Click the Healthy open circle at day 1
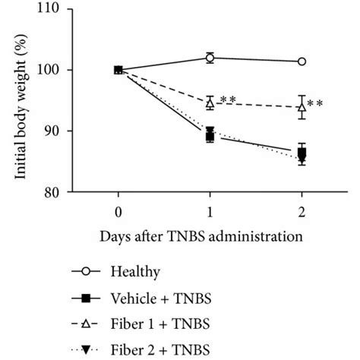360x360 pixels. point(210,58)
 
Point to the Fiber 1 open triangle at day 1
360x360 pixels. point(210,102)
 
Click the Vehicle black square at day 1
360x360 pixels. point(210,136)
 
